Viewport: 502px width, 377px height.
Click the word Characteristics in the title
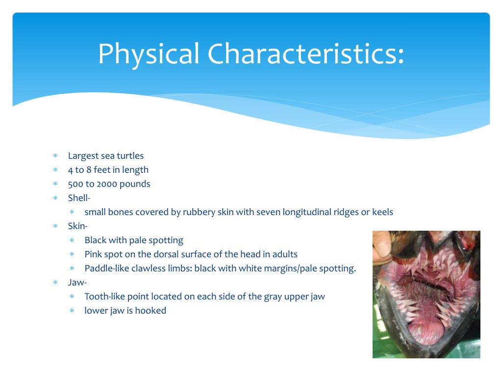[306, 54]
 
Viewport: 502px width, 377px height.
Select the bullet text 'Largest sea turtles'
[106, 156]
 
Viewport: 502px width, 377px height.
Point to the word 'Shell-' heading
[79, 198]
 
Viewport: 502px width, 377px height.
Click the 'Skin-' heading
[77, 226]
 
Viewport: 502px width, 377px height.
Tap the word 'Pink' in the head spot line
[94, 254]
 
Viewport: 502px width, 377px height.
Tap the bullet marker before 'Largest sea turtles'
[55, 156]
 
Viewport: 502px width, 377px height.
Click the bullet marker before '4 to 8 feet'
[55, 170]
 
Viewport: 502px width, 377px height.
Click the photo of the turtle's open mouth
[426, 294]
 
